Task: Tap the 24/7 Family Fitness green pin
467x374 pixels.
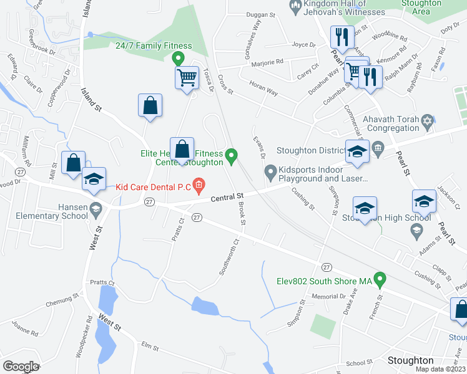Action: [x=178, y=59]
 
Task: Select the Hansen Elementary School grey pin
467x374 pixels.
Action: [x=96, y=208]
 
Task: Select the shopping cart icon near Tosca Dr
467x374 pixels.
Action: [x=187, y=79]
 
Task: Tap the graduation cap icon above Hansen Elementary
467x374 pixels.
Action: [x=94, y=179]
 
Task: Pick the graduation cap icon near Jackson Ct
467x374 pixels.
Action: [x=424, y=201]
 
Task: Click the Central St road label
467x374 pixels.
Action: [x=225, y=197]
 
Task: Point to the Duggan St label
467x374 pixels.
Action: [x=261, y=14]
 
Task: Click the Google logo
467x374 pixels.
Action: [x=21, y=367]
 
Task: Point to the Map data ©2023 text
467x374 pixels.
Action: [x=440, y=369]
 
